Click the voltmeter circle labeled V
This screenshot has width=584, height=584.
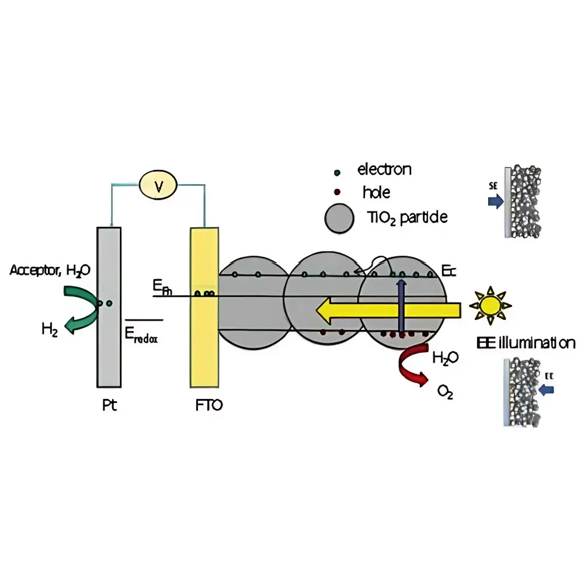pyautogui.click(x=158, y=186)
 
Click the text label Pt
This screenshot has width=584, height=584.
pyautogui.click(x=109, y=405)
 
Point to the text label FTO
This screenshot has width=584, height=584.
pyautogui.click(x=209, y=405)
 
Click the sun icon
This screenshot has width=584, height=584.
pyautogui.click(x=489, y=305)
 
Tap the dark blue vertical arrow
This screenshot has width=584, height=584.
pyautogui.click(x=401, y=307)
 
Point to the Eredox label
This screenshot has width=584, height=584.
pyautogui.click(x=142, y=335)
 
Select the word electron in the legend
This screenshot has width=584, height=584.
pyautogui.click(x=384, y=170)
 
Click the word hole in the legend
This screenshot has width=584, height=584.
pyautogui.click(x=376, y=192)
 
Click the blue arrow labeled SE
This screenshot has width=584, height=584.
pyautogui.click(x=495, y=202)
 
